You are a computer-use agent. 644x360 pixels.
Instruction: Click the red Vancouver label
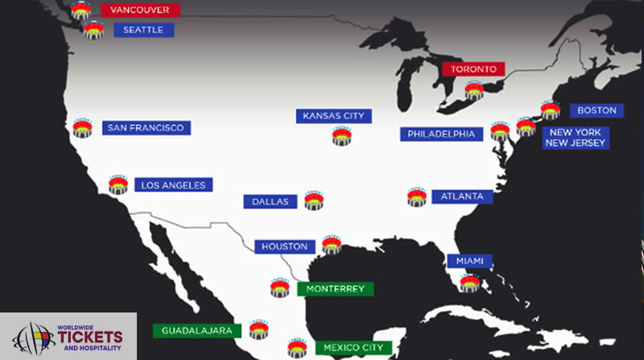tap(141, 10)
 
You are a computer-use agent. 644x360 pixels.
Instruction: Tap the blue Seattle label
tap(144, 30)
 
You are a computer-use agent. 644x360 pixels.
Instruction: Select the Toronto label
tap(473, 69)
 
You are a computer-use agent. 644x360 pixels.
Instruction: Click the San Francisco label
tap(147, 128)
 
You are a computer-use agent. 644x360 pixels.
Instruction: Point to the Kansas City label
tap(333, 116)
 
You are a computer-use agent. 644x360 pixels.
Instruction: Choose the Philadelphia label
tap(441, 134)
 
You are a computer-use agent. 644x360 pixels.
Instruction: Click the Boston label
tap(597, 110)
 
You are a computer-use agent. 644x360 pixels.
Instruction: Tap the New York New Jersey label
tap(575, 137)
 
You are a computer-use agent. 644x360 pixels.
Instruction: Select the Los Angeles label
tap(173, 185)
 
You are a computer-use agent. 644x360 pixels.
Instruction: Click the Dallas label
tap(270, 201)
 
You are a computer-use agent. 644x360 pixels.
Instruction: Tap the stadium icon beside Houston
tap(331, 245)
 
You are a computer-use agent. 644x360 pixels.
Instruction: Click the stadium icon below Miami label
tap(469, 283)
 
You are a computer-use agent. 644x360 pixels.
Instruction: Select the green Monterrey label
tap(335, 288)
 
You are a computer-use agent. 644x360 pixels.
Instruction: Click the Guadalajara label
tap(197, 330)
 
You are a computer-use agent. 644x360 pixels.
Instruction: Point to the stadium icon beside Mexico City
tap(297, 348)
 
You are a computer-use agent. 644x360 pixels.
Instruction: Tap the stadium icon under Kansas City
tap(342, 137)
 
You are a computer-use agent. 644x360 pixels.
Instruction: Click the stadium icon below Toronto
tap(474, 90)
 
